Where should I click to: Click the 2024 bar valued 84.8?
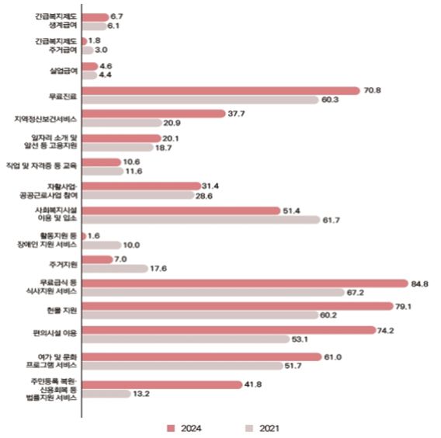[x=245, y=283]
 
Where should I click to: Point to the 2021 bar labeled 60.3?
[x=200, y=99]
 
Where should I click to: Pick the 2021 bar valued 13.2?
[x=106, y=394]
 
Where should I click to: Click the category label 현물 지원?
[x=57, y=311]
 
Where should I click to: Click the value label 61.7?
[x=331, y=220]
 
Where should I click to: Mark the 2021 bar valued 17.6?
[x=115, y=269]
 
